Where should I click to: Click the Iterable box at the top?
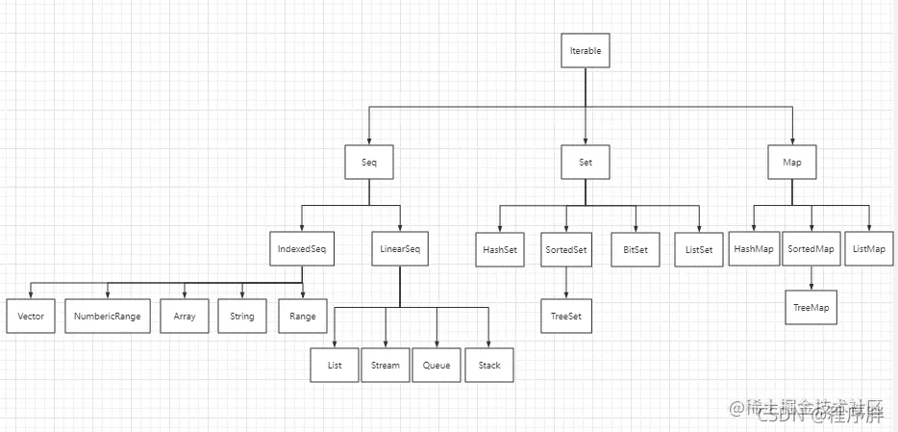tap(586, 50)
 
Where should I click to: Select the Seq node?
tap(370, 164)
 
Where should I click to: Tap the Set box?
tap(586, 164)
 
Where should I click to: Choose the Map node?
tap(792, 164)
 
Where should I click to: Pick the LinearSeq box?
tap(398, 250)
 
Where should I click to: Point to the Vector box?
tap(31, 317)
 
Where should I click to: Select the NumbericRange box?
tap(108, 317)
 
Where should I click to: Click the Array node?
tap(184, 317)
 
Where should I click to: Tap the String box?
tap(241, 317)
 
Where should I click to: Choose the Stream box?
tap(386, 366)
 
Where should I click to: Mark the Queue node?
tap(437, 366)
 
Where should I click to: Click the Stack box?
tap(489, 366)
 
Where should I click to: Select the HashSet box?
tap(499, 250)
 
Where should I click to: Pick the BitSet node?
tap(636, 250)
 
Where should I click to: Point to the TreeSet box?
tap(565, 316)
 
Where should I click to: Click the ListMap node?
tap(869, 249)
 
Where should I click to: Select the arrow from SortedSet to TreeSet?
tap(565, 283)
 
